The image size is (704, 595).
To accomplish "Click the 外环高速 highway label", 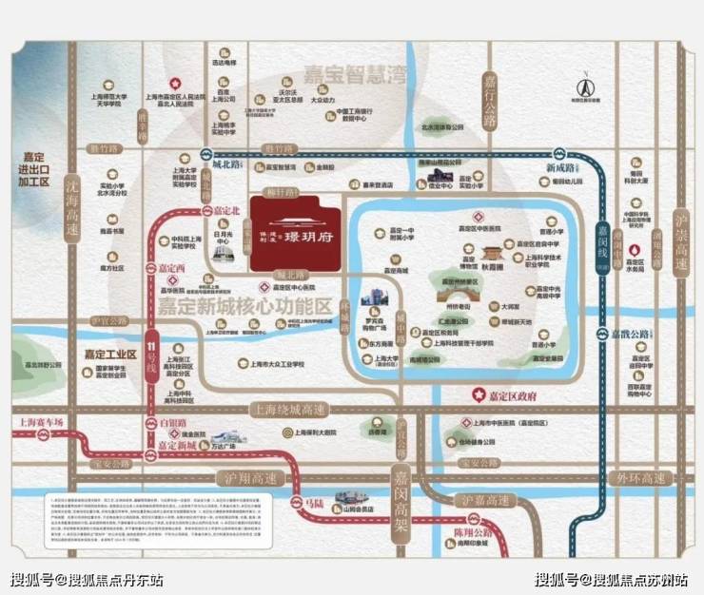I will (x=640, y=478).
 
